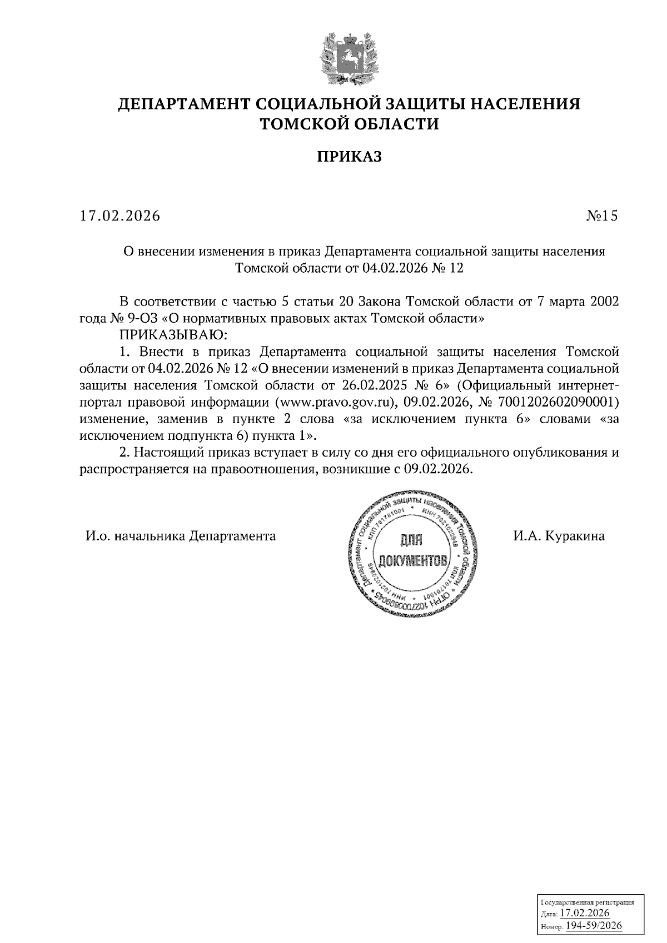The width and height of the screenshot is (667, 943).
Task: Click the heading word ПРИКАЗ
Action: pos(350,157)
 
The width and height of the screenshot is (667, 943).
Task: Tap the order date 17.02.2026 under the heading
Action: pos(120,215)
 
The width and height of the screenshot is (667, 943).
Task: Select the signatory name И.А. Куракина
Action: pos(559,536)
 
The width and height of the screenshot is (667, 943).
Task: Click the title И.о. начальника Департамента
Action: pos(181,536)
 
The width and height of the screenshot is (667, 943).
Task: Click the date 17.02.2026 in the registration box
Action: pos(585,914)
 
